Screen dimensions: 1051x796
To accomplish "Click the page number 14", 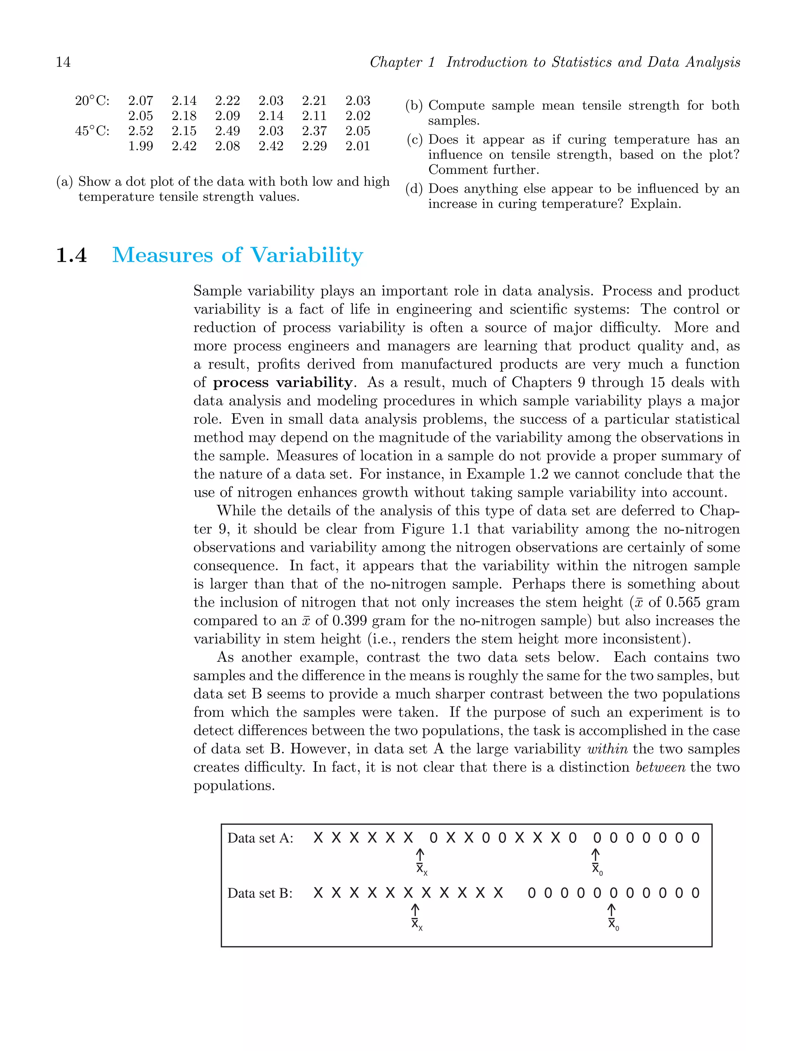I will tap(63, 62).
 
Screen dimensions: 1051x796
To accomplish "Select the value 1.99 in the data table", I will tap(140, 146).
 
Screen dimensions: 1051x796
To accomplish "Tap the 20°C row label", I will tap(92, 101).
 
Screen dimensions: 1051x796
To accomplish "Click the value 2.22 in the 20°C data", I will tap(227, 101).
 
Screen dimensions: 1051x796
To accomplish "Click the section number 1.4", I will tap(72, 256).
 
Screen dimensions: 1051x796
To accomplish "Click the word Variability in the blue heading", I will tap(307, 256).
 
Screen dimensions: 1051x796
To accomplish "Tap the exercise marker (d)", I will tap(414, 189).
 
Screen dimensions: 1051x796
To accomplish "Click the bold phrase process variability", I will tap(283, 383).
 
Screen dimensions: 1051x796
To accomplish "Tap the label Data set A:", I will tap(260, 838).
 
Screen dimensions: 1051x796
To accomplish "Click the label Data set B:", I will tap(260, 893).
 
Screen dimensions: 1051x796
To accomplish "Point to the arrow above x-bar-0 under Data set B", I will tap(611, 909).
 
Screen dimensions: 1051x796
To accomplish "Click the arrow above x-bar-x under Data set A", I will tap(420, 854).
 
